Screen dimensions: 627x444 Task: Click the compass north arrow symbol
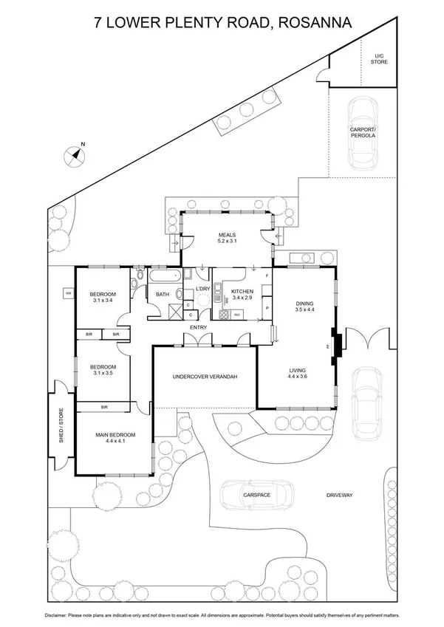click(74, 154)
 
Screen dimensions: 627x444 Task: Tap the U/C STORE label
click(379, 59)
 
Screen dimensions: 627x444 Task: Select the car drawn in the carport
click(363, 134)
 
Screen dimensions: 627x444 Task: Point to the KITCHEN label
click(242, 292)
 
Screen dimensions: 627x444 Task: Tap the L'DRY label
click(203, 289)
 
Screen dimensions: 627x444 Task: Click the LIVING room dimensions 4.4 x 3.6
click(298, 378)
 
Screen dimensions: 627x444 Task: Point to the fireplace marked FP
click(335, 346)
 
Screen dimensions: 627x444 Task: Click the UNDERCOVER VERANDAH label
click(204, 377)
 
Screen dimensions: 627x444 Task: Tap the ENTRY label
click(199, 327)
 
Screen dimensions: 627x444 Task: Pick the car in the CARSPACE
click(257, 496)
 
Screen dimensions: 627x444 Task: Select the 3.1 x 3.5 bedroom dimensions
click(103, 374)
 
